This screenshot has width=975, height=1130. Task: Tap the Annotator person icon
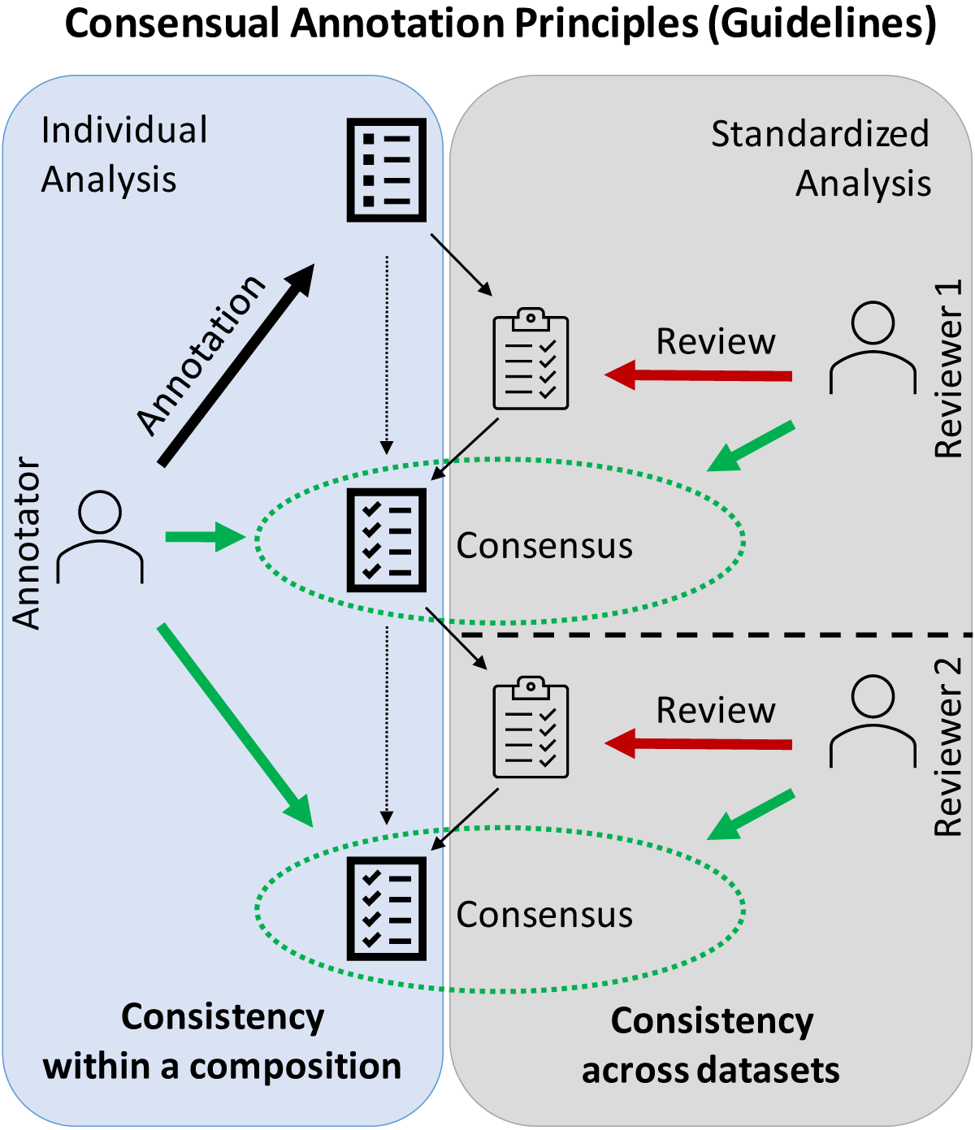[100, 536]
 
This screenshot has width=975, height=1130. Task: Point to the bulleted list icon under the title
[387, 170]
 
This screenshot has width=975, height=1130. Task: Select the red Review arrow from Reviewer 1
[699, 375]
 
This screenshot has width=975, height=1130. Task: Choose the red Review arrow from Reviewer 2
[699, 744]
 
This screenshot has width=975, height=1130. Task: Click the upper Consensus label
[544, 546]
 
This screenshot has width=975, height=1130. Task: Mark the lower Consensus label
[544, 915]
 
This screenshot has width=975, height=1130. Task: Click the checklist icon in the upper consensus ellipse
[387, 540]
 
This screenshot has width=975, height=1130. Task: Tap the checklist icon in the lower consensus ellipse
[387, 908]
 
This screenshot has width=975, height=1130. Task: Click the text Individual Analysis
[123, 154]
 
